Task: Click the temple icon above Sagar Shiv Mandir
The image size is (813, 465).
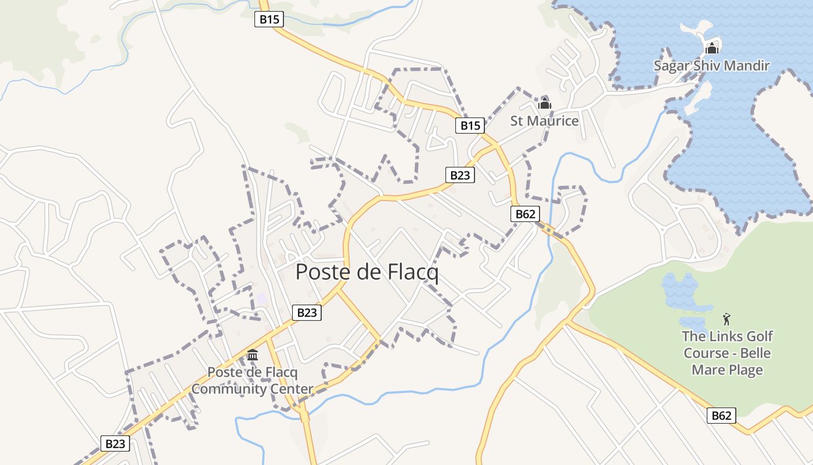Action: tap(711, 48)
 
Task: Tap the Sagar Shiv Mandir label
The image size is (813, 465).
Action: tap(711, 66)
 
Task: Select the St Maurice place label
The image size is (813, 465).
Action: tap(544, 121)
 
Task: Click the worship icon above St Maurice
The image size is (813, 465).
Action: tap(544, 105)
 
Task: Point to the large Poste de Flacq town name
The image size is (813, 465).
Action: tap(367, 272)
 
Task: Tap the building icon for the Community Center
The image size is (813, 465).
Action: tap(253, 355)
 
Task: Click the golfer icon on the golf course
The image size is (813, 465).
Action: tap(726, 319)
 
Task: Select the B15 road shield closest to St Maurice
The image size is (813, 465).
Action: tap(470, 125)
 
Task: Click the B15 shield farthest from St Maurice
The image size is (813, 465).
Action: tap(269, 19)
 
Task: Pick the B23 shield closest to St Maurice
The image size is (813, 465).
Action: tap(460, 175)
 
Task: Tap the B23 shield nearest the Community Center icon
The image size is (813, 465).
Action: tap(306, 313)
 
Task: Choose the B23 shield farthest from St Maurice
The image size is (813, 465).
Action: tap(114, 444)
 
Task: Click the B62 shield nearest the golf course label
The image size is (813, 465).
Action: tap(721, 416)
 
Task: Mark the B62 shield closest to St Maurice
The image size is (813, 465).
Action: tap(525, 214)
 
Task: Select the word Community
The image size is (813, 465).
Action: tap(224, 389)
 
